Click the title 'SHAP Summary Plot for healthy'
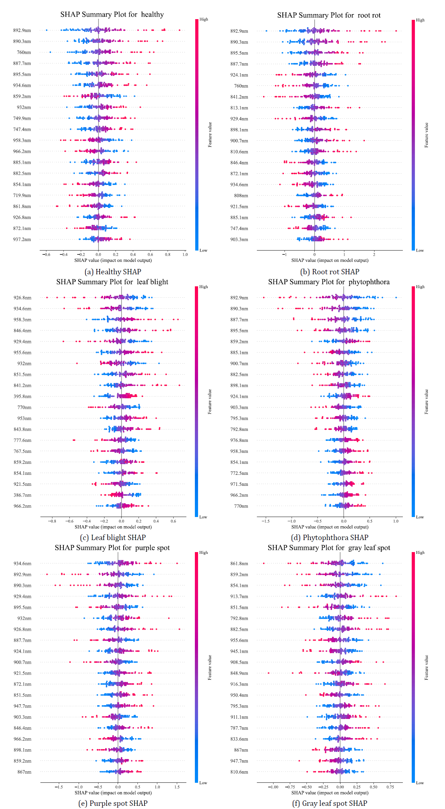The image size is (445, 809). click(112, 15)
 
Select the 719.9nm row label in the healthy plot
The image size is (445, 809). click(22, 195)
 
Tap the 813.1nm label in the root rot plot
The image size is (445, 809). click(239, 108)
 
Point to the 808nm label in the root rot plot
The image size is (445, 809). click(241, 196)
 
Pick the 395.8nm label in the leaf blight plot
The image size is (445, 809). click(22, 396)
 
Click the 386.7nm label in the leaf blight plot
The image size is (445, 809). click(22, 495)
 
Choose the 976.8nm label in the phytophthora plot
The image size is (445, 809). click(239, 440)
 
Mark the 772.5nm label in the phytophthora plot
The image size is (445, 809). click(239, 473)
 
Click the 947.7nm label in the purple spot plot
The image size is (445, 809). click(22, 706)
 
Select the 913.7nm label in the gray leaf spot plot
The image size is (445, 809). click(239, 596)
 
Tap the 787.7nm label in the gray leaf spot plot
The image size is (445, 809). click(239, 728)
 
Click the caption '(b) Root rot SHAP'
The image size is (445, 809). click(329, 272)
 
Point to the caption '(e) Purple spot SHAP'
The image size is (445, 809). click(113, 803)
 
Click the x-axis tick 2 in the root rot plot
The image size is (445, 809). click(374, 254)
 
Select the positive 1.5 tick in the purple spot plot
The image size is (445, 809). click(177, 787)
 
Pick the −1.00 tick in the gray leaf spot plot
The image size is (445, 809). click(273, 787)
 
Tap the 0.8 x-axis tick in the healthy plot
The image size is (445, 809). click(168, 254)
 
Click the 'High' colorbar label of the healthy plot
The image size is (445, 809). click(204, 19)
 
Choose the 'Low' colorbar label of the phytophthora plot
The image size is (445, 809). click(420, 517)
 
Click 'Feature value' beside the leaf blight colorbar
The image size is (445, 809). click(210, 401)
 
